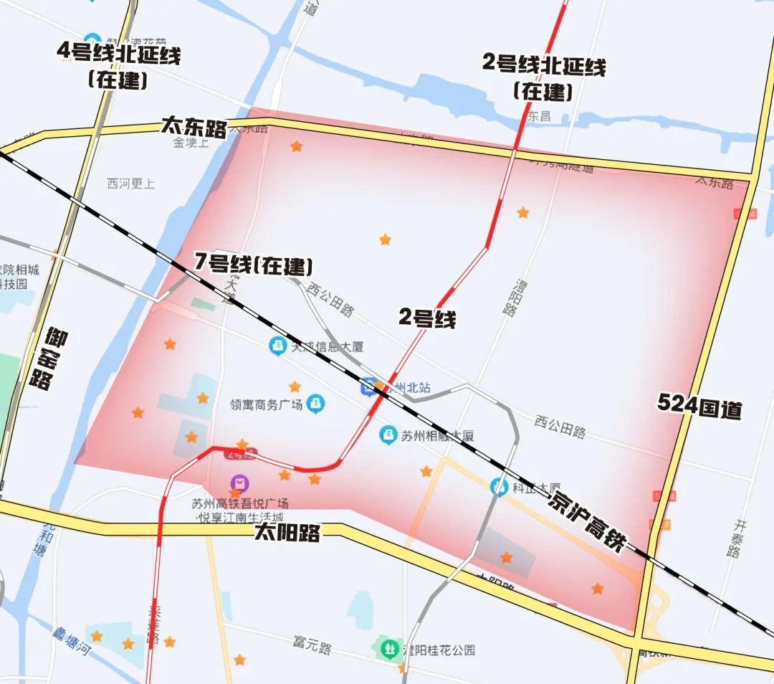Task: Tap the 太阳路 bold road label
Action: point(286,532)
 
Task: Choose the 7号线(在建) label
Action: point(254,265)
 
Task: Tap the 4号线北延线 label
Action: point(118,54)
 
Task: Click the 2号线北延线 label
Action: point(543,65)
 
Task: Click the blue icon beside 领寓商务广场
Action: point(315,404)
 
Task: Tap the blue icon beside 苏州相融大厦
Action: point(388,434)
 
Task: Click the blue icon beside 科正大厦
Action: point(499,486)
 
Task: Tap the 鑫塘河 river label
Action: point(72,641)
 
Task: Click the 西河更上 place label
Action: point(130,184)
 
